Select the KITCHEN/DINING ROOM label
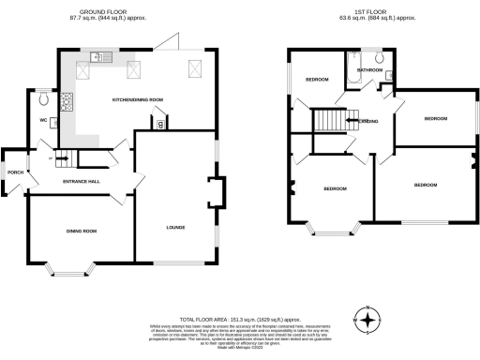[x=138, y=99]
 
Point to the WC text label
[x=43, y=121]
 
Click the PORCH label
[x=14, y=172]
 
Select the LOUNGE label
[x=175, y=227]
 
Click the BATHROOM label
[x=369, y=70]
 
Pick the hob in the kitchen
[x=67, y=101]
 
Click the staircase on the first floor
[x=328, y=120]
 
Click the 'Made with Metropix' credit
[x=239, y=348]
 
